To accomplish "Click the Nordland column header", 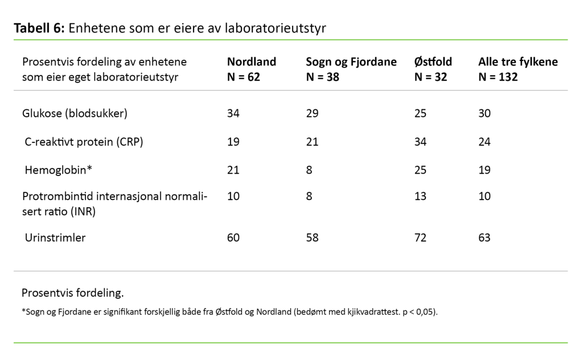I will click(251, 62).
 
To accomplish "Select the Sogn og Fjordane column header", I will click(351, 62).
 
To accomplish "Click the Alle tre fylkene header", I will click(518, 62).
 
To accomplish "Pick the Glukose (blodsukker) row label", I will click(75, 113).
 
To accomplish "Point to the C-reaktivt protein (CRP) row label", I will click(84, 141).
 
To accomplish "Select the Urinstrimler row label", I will click(55, 238).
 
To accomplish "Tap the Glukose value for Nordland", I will click(233, 113).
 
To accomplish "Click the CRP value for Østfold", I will click(420, 141).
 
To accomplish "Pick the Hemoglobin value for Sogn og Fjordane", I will click(309, 170).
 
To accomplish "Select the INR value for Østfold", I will click(420, 197).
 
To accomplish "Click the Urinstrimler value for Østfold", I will click(420, 238).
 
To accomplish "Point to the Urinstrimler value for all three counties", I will click(485, 238).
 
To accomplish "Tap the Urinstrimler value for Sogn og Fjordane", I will click(312, 238).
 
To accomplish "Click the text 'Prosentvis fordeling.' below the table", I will click(72, 293).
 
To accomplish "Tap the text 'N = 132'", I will click(498, 77).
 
